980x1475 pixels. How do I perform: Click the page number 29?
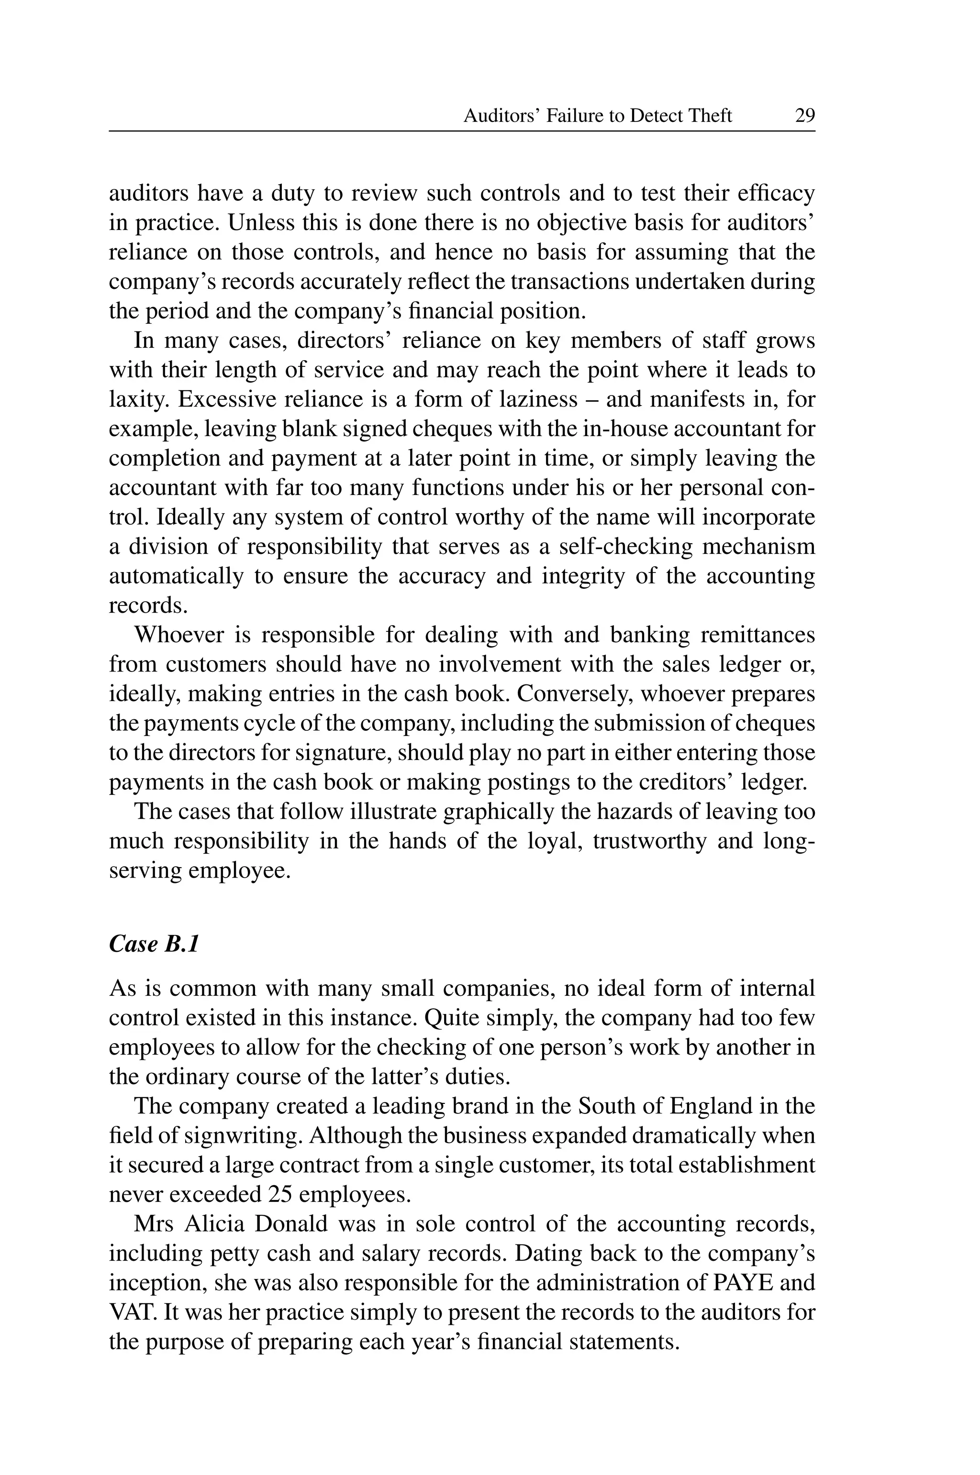point(804,116)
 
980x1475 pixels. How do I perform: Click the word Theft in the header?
point(709,116)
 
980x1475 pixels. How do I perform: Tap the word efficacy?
point(776,193)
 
